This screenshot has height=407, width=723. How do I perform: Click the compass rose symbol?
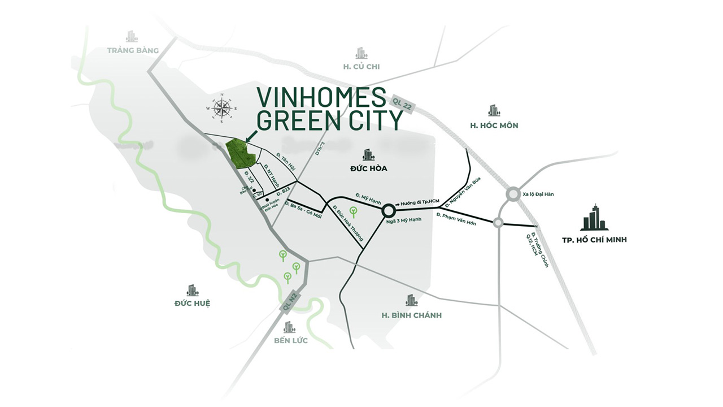221,108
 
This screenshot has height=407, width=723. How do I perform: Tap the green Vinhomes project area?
238,153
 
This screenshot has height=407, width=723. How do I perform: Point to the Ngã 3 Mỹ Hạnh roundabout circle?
388,210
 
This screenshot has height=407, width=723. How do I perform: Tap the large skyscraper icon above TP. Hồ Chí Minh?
594,217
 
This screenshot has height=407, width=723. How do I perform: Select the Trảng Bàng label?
133,50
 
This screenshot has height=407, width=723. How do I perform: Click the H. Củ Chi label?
361,67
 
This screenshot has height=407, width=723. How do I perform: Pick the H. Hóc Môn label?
494,125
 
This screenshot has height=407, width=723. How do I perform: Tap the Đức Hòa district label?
369,168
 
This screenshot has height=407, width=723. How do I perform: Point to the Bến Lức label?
290,341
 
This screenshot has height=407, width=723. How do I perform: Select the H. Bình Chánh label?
411,315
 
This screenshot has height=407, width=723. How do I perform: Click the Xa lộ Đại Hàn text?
538,194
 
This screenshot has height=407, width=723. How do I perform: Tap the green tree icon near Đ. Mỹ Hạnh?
353,213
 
